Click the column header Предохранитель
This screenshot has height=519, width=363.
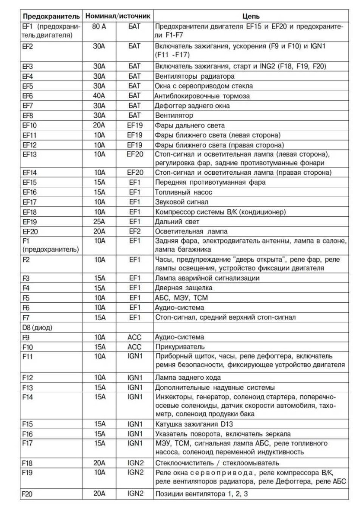(51, 16)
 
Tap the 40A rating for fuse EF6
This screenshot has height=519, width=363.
(99, 96)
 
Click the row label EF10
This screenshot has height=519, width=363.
(29, 125)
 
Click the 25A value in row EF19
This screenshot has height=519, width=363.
(99, 221)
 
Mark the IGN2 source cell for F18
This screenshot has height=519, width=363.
(135, 463)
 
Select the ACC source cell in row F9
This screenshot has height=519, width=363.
(135, 337)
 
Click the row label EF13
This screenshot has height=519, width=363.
(29, 154)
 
